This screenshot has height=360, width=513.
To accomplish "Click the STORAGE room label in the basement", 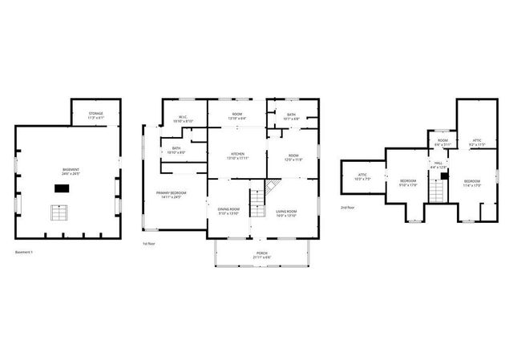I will pos(95,115).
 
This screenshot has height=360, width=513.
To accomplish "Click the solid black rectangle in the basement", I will pos(62,188).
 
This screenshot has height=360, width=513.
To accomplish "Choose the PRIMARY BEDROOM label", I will pos(172,195).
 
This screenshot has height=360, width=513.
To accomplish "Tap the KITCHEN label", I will pos(237,156).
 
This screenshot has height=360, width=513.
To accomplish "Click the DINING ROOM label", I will pos(228,212).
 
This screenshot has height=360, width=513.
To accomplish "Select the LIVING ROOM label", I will pos(286,212).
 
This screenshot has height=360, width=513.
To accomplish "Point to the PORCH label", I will pos(262,254).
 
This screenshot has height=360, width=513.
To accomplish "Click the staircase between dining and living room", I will pos(258,201).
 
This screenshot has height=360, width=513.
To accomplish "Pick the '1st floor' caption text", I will pos(149,244).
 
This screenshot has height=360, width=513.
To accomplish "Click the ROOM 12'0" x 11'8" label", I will pos(293,157).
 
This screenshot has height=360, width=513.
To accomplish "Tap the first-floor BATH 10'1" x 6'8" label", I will pos(291,116).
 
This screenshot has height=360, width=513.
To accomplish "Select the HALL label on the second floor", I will pos(438,164).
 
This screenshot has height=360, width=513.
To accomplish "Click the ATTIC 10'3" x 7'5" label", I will pos(362,177).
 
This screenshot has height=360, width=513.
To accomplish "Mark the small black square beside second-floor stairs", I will pos(442,176).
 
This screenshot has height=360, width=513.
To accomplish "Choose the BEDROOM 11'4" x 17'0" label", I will pos(472,184).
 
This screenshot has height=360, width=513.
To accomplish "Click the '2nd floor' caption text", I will pos(348,207).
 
